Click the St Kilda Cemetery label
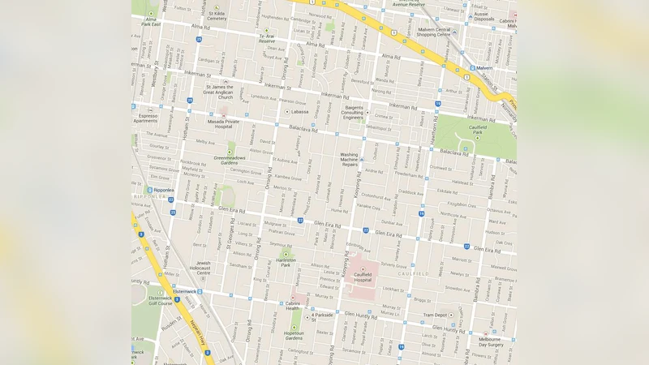click(x=217, y=15)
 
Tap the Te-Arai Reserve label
click(x=267, y=38)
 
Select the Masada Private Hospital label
click(x=221, y=123)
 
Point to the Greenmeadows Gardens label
click(x=231, y=160)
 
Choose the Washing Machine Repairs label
click(x=349, y=159)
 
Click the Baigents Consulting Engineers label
click(x=353, y=113)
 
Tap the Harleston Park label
click(x=286, y=262)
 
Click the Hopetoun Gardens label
click(x=294, y=335)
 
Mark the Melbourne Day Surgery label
click(x=490, y=341)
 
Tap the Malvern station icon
click(x=473, y=68)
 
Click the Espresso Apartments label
click(x=147, y=118)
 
